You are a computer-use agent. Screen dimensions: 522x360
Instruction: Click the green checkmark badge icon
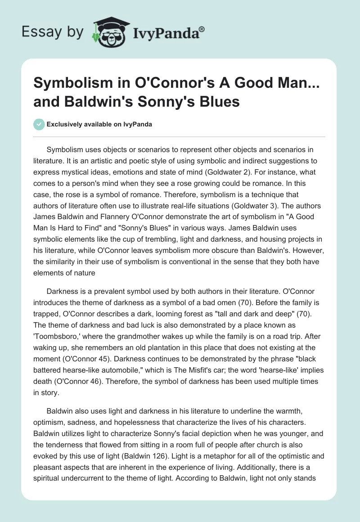[39, 124]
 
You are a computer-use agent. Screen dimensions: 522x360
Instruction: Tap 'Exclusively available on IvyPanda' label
[99, 125]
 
